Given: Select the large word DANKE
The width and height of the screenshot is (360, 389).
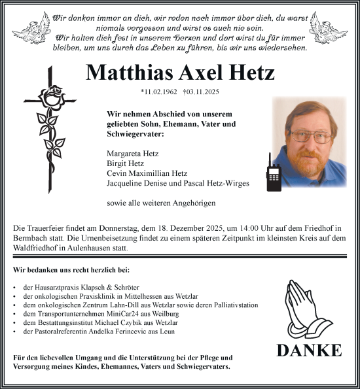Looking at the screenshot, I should [308, 350].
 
